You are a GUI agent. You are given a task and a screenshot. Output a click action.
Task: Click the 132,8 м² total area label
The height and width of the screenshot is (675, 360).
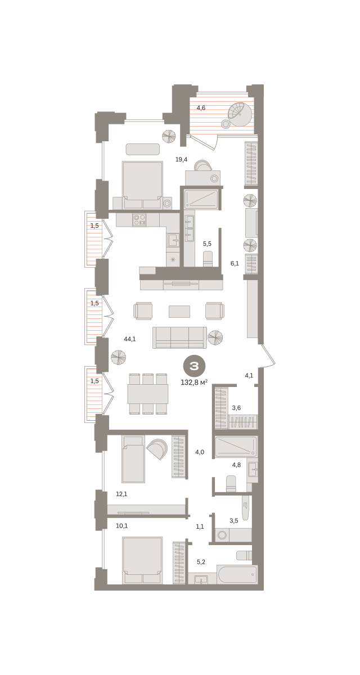tap(194, 382)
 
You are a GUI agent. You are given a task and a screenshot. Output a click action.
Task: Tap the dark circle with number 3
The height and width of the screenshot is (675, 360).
tap(194, 366)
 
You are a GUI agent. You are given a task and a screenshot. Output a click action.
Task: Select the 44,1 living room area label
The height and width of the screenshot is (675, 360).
tap(130, 339)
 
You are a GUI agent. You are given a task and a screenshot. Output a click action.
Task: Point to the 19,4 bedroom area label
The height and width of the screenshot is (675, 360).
tap(181, 159)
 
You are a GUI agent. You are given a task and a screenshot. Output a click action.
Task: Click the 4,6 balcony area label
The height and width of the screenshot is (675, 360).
tap(201, 108)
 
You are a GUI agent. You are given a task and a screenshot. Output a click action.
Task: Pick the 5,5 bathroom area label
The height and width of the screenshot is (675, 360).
tap(207, 244)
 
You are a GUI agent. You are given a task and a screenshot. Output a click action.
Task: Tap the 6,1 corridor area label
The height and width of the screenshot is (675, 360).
tap(235, 264)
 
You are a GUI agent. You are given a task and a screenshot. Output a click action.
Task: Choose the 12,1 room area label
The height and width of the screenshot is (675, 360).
tap(121, 494)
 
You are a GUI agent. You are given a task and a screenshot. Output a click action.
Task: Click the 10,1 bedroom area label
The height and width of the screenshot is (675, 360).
tap(121, 526)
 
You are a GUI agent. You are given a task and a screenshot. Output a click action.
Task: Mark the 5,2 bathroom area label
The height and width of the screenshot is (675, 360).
tap(201, 562)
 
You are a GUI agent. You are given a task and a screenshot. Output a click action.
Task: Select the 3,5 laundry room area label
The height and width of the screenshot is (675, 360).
tap(234, 520)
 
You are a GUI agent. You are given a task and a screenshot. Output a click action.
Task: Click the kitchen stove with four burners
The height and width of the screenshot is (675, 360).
tap(139, 220)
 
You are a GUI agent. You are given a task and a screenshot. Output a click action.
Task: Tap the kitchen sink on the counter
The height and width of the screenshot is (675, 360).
tap(173, 241)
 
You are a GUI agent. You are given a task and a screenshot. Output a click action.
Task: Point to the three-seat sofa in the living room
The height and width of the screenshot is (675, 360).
tap(179, 337)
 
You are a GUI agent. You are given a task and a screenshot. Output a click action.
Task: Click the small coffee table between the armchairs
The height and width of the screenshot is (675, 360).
tap(179, 311)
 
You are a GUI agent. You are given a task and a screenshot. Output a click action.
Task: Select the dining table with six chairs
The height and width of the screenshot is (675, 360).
tap(147, 394)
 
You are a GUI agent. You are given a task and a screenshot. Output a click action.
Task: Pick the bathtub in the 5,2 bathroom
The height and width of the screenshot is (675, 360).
tap(237, 574)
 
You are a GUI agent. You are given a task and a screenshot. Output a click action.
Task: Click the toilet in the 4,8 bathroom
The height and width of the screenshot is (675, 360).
tap(231, 484)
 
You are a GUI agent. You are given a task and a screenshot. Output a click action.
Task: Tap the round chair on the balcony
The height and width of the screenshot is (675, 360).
tap(240, 114)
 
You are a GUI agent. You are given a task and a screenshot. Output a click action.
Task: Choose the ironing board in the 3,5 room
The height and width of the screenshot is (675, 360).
tap(245, 508)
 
